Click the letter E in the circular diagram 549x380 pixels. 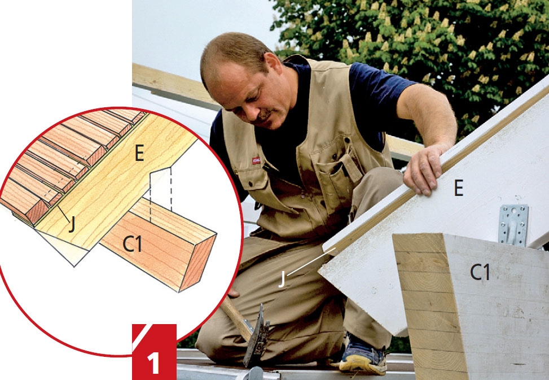[139, 153]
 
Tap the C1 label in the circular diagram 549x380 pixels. [133, 244]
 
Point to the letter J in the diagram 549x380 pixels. [72, 224]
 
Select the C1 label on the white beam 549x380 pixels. [480, 272]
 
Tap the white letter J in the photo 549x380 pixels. [282, 279]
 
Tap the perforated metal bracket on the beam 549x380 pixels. [513, 225]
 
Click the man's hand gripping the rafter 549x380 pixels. [424, 169]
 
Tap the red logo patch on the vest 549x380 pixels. [256, 160]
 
